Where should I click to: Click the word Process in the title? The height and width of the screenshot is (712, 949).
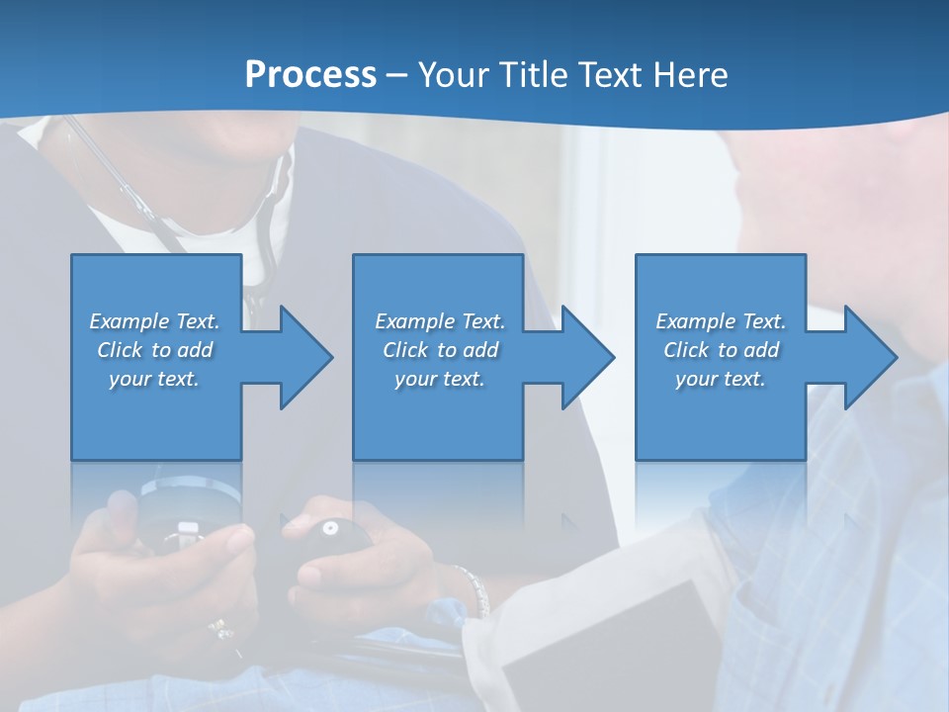coord(310,75)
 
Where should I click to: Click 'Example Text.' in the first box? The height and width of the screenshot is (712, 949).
coord(154,321)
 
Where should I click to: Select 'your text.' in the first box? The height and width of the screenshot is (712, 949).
coord(154,379)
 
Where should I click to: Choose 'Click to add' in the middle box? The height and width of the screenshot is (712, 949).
coord(440,350)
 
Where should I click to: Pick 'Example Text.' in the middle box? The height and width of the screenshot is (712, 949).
coord(440,321)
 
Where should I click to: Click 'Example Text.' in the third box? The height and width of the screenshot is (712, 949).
coord(721,321)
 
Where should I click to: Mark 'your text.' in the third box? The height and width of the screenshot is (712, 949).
coord(721,379)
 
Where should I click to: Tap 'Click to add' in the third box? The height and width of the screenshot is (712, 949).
coord(721,350)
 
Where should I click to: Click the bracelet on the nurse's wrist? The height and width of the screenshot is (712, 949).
coord(474,589)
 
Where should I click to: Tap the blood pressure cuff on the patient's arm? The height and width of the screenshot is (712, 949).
coord(593,643)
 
